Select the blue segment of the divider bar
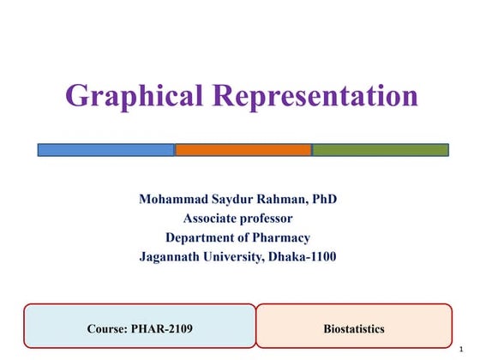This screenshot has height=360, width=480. click(x=105, y=150)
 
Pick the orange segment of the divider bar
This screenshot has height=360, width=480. click(x=243, y=150)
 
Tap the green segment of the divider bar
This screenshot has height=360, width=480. click(x=380, y=150)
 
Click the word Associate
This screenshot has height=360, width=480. click(x=209, y=219)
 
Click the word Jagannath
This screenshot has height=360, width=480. click(x=171, y=256)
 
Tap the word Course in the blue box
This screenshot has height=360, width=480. click(x=105, y=328)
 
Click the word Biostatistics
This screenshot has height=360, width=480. click(x=354, y=328)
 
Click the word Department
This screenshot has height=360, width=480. click(x=203, y=237)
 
